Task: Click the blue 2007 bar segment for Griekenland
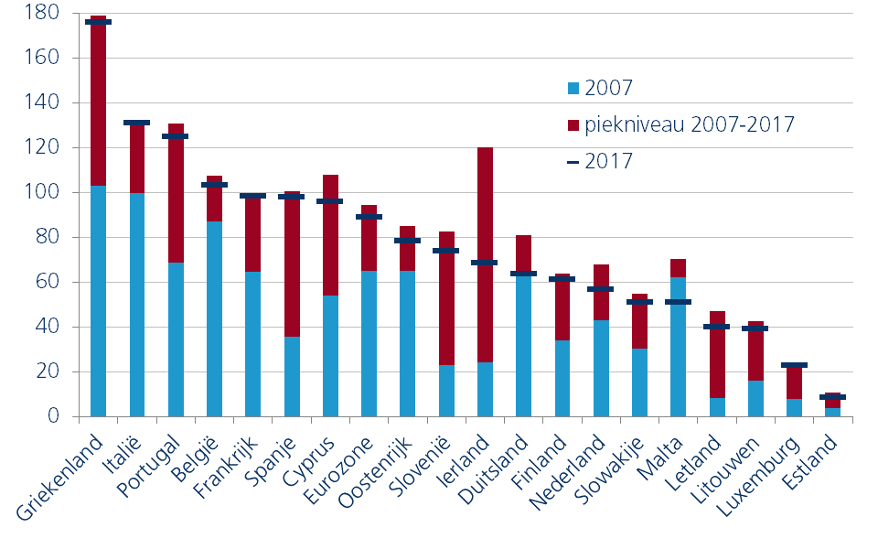point(99,301)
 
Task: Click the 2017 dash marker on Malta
point(678,302)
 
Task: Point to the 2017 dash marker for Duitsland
point(524,274)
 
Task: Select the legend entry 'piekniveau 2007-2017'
point(676,124)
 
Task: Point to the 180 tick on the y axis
point(43,14)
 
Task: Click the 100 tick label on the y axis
point(43,193)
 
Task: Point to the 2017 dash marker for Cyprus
point(330,201)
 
